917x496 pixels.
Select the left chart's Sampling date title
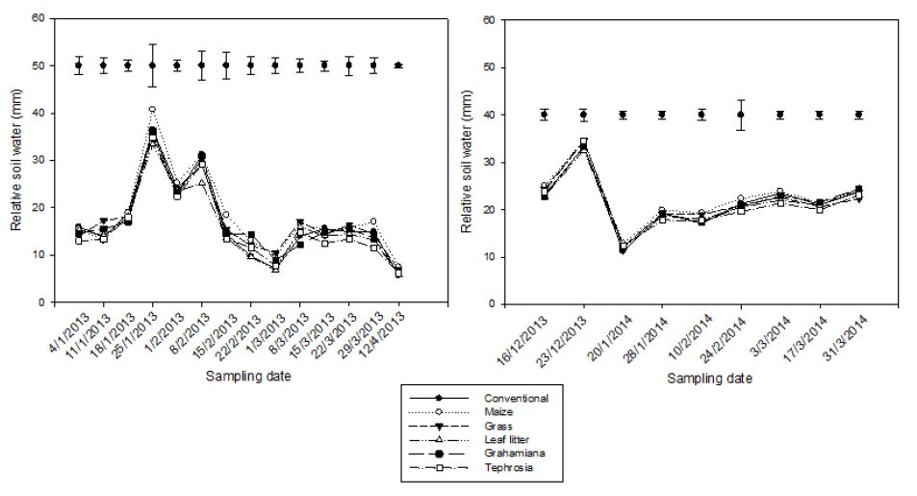click(x=244, y=376)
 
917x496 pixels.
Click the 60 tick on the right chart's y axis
click(x=488, y=19)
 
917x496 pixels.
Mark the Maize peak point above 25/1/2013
click(x=152, y=110)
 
